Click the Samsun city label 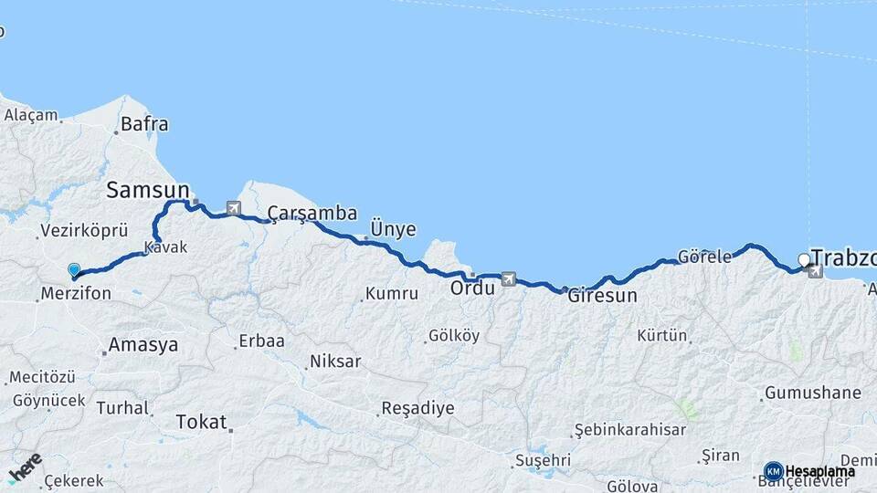(147, 190)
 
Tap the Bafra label (144, 124)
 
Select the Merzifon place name (76, 294)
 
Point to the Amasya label (143, 345)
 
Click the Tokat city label (201, 423)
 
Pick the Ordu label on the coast (472, 288)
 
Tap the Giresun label (602, 296)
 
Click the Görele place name (704, 257)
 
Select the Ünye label (394, 229)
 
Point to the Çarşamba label (312, 214)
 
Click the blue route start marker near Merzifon (74, 270)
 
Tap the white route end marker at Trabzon (804, 260)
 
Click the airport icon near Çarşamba (233, 209)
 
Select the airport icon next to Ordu (509, 279)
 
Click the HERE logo (25, 467)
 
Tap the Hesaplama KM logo (809, 471)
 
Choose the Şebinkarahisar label (629, 429)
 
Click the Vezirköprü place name (84, 230)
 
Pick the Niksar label (335, 362)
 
